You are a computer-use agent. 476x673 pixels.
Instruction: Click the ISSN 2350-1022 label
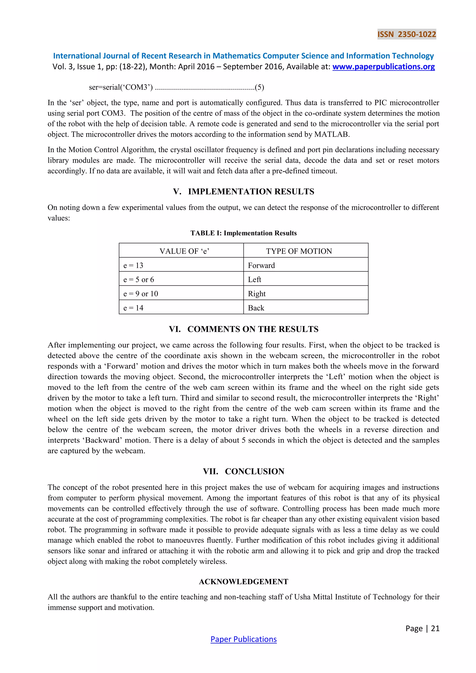pos(407,34)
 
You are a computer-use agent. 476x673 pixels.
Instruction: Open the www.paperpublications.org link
pos(383,67)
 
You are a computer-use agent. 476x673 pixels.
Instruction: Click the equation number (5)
pos(259,87)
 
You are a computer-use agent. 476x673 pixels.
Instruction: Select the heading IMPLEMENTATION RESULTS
pos(251,192)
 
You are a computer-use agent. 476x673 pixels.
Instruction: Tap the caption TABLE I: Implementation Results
pos(243,233)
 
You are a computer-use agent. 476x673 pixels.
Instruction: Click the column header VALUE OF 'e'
pos(184,251)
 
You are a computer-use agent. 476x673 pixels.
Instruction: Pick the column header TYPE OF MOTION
pos(299,251)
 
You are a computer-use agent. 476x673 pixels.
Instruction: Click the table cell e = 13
pos(133,265)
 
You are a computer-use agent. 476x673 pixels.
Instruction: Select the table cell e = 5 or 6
pos(138,280)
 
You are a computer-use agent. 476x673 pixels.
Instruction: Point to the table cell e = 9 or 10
pos(141,294)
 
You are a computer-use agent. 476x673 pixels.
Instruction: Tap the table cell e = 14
pos(133,308)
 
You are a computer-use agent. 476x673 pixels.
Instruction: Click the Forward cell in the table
pos(261,265)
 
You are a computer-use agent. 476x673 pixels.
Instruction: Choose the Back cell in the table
pos(256,308)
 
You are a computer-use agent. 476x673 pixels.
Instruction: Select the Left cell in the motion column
pos(255,280)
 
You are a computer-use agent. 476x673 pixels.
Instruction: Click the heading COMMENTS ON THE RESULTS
pos(253,329)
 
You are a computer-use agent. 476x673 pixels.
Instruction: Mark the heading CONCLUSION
pos(255,471)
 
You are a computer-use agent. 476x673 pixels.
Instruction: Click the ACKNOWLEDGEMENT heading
pos(243,582)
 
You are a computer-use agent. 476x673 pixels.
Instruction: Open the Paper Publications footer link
pos(243,639)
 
